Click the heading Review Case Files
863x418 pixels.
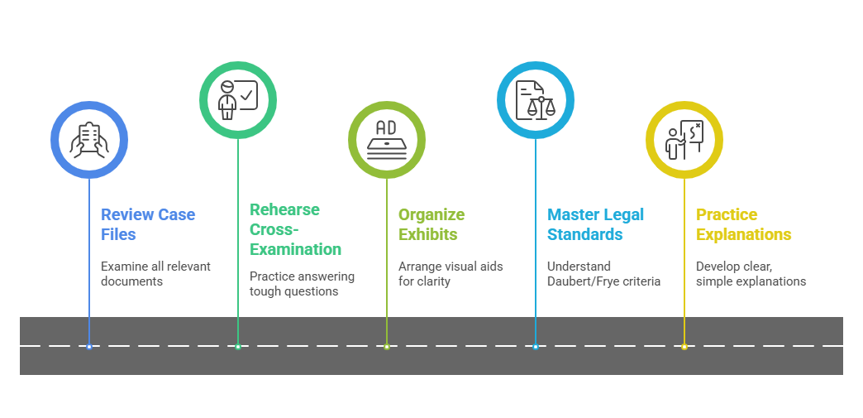click(148, 224)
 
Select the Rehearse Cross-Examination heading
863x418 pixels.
click(295, 229)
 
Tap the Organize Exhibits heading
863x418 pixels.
click(431, 224)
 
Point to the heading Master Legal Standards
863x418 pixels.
click(595, 224)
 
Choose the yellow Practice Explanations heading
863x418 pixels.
click(743, 224)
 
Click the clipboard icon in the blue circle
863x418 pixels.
click(89, 140)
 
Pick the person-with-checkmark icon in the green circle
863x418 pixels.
click(238, 100)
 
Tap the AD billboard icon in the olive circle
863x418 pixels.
click(387, 140)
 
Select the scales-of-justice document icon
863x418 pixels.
click(536, 100)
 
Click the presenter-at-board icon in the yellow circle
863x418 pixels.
click(684, 140)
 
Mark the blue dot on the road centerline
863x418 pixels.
click(89, 346)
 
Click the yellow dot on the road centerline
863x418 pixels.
click(684, 346)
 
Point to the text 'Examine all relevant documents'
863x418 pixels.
click(155, 274)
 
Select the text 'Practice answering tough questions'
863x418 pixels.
click(302, 284)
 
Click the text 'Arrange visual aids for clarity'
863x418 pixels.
click(451, 274)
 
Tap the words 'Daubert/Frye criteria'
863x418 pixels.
click(603, 281)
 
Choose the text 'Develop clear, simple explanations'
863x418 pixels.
click(751, 274)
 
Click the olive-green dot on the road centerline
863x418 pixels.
click(387, 346)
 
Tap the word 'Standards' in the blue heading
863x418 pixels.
click(584, 235)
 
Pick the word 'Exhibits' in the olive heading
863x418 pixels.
click(427, 235)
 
